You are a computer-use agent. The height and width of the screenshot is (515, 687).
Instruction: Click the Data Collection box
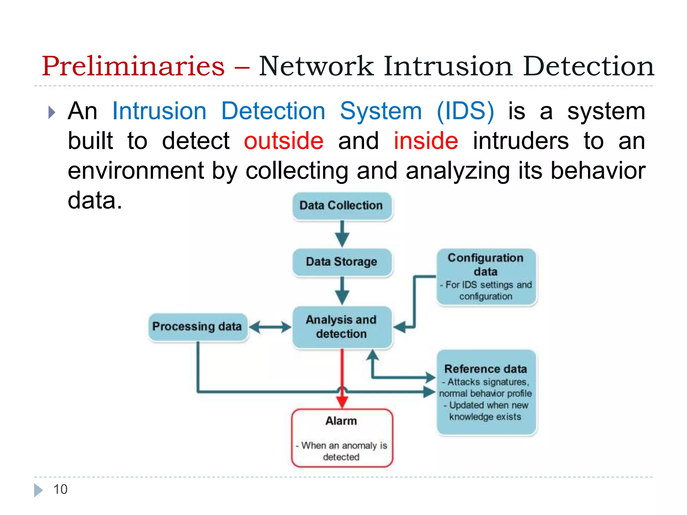tap(341, 206)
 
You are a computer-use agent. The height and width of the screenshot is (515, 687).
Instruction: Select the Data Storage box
tap(341, 262)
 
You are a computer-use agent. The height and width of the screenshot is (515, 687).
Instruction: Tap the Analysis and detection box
tap(341, 327)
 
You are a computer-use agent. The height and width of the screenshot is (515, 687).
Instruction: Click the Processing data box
tap(197, 327)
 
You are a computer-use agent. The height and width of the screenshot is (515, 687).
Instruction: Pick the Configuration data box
tap(486, 277)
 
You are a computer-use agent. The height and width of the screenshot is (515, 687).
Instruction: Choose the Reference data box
tap(486, 392)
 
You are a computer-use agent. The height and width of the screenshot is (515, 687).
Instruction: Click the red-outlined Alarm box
tap(341, 438)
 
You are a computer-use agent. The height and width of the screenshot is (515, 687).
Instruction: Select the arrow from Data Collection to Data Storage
tap(342, 233)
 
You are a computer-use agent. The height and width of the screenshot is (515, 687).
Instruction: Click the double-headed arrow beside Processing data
tap(270, 327)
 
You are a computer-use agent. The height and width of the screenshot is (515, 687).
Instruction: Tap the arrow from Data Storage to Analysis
tap(342, 290)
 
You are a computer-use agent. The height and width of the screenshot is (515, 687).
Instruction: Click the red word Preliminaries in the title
tap(133, 66)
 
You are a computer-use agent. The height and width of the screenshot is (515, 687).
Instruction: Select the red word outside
tap(283, 141)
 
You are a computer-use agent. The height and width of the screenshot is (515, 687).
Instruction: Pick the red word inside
tap(426, 141)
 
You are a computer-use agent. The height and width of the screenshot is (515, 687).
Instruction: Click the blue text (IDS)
tap(465, 111)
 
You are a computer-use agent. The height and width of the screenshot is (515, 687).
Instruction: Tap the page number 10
tap(60, 490)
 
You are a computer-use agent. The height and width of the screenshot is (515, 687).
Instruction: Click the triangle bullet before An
tap(51, 112)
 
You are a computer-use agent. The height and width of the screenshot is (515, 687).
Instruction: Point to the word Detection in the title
tap(588, 66)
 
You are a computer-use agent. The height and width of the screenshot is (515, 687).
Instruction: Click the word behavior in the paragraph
tap(598, 171)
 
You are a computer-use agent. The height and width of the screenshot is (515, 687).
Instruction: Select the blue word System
tap(381, 111)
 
